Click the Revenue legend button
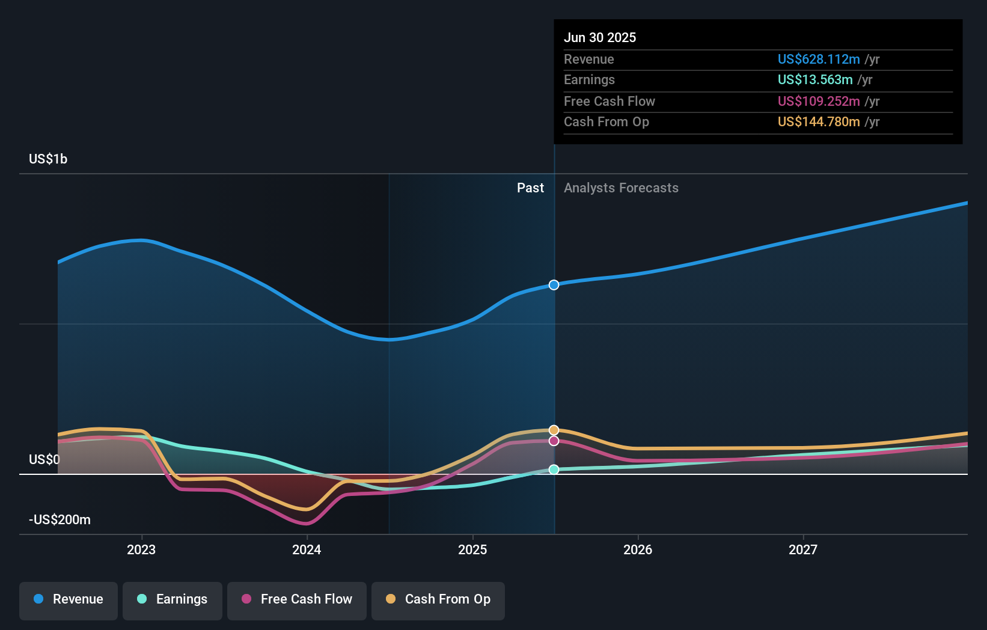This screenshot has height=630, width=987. coord(69,599)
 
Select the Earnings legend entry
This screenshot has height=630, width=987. coord(173,599)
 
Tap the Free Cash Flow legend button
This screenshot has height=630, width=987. coord(297,599)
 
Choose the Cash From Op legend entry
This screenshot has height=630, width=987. coord(438,599)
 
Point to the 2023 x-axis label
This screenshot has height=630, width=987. coord(141,549)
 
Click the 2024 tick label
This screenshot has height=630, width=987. coord(307,549)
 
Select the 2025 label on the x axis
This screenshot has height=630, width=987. coord(472,549)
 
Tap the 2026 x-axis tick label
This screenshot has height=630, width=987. coord(638,549)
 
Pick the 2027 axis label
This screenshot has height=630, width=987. coord(803,549)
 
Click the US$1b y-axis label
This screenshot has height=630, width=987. coord(48,159)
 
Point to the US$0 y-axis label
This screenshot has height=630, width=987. coord(44,459)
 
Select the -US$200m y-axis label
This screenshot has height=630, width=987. coord(60,519)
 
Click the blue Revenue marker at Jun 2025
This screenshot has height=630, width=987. coord(554,285)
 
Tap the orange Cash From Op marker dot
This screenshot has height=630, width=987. coord(554,430)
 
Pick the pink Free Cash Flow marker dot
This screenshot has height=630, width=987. coord(554,441)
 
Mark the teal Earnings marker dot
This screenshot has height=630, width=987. coord(554,469)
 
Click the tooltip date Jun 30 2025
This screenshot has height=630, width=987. coord(600,37)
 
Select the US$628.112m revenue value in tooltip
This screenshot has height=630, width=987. coord(819,59)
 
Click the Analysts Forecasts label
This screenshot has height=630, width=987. coord(621,188)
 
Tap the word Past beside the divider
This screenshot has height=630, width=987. coord(530,188)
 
